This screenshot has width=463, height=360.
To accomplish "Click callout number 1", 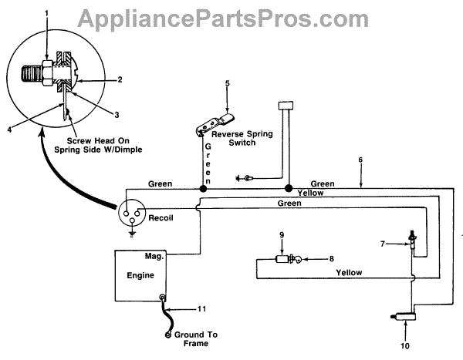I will (46, 14).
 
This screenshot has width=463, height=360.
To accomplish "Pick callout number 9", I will (282, 234).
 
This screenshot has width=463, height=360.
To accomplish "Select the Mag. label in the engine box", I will (150, 255).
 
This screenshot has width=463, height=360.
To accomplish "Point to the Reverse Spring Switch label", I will (243, 138).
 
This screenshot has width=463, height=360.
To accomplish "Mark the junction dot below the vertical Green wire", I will (204, 187).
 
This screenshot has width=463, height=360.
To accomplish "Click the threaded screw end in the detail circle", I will (33, 75).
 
